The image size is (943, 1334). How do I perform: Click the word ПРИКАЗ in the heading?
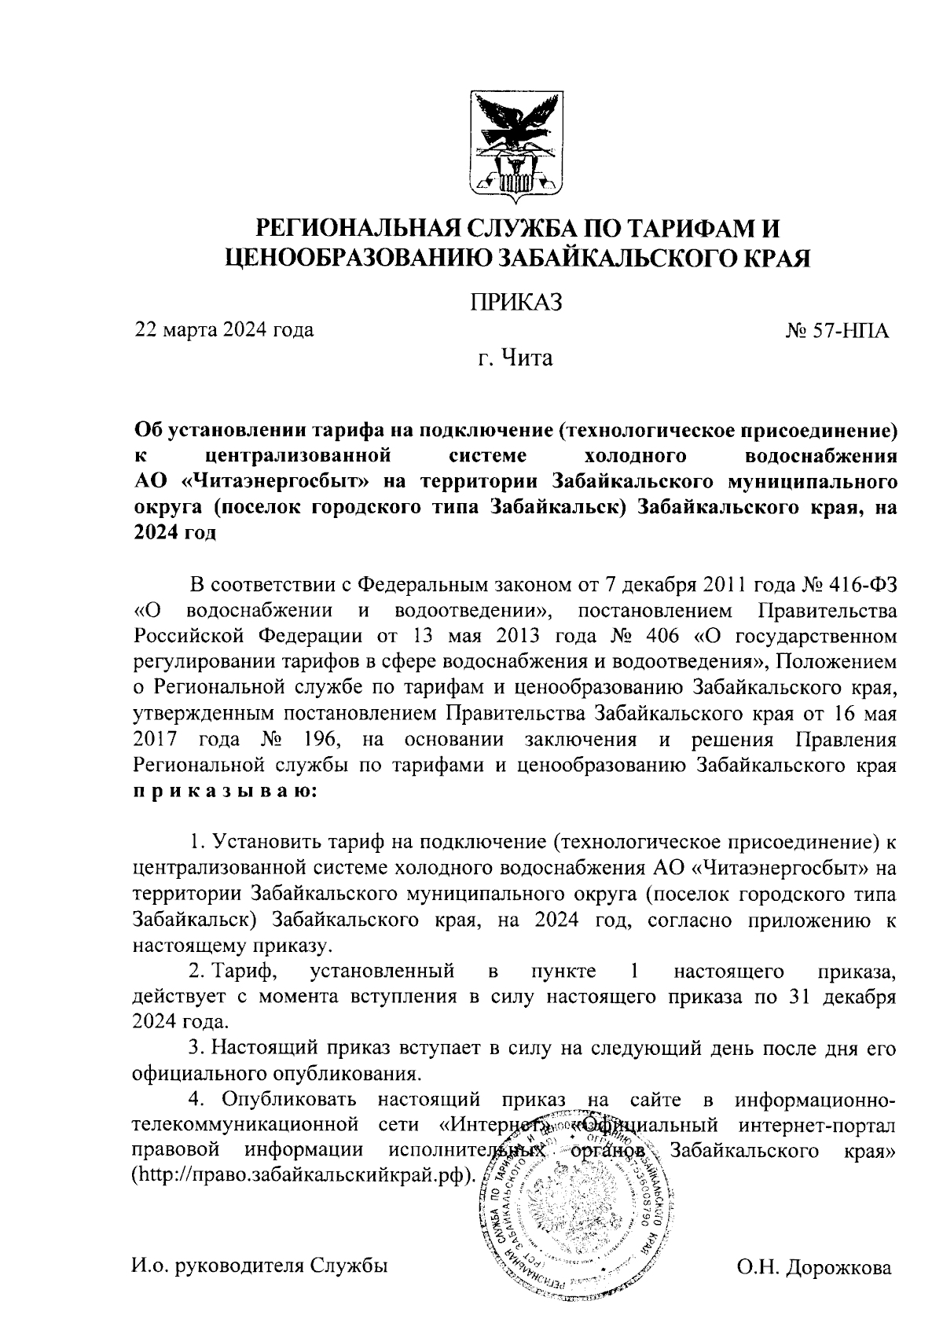tap(516, 302)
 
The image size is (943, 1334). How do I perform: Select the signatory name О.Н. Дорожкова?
tap(814, 1269)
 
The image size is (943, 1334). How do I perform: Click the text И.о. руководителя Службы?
tap(260, 1266)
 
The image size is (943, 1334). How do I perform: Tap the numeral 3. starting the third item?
tap(196, 1047)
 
